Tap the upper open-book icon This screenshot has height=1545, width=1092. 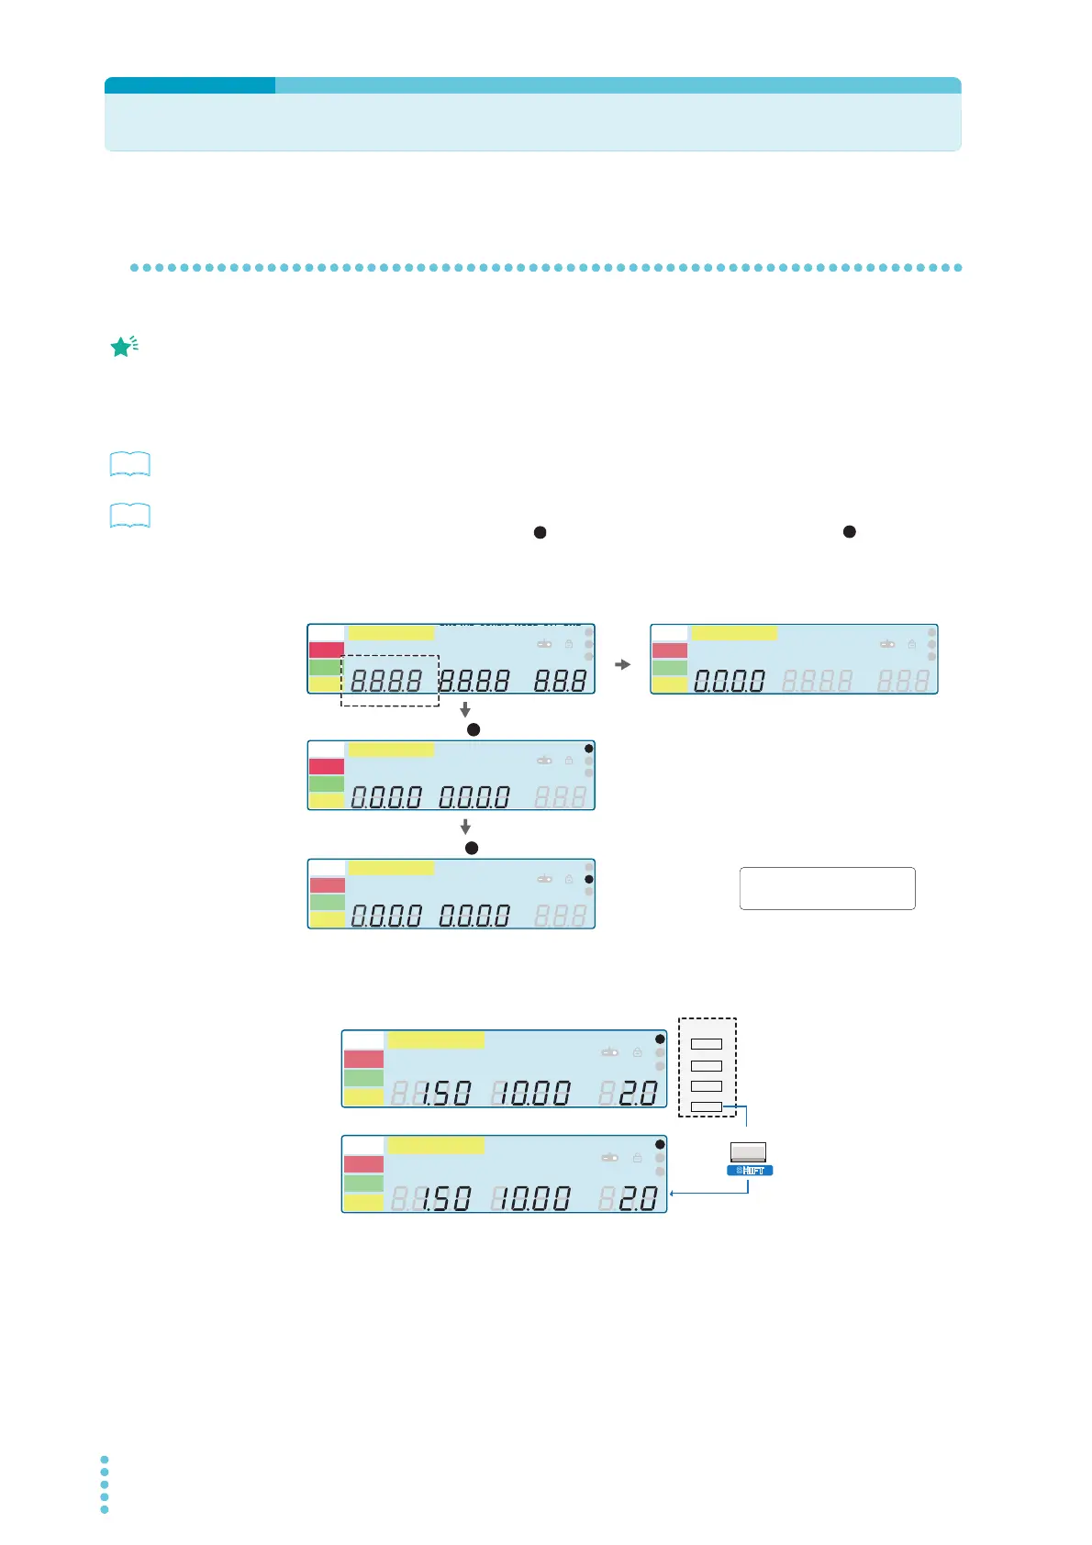coord(129,464)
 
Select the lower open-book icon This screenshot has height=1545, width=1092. coord(129,516)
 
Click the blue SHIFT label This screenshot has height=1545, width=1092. coord(750,1171)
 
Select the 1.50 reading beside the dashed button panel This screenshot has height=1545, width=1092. coord(446,1093)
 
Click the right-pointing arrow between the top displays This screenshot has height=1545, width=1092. coord(623,664)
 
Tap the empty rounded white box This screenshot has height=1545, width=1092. coord(827,888)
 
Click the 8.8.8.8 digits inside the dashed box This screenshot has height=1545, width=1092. coord(386,681)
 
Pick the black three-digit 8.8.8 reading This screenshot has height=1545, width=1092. coord(561,681)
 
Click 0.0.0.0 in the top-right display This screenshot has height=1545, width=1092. coord(730,681)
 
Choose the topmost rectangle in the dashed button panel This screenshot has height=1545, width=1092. coord(707,1044)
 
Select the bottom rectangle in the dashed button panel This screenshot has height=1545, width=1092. coord(707,1107)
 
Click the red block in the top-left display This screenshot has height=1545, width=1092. coord(327,650)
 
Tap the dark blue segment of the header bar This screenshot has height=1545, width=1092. coord(190,85)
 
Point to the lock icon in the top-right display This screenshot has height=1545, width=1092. coord(911,644)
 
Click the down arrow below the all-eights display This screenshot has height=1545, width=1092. coord(465,709)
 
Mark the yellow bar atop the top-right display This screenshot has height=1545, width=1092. coord(734,633)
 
